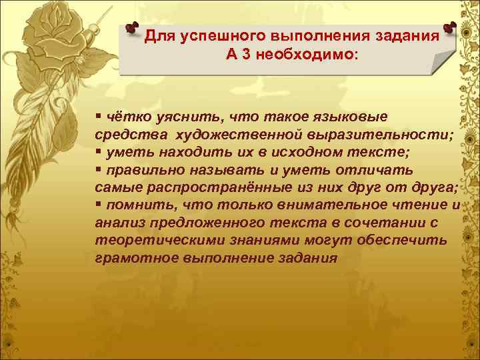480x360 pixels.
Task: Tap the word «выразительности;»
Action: tap(379, 134)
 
